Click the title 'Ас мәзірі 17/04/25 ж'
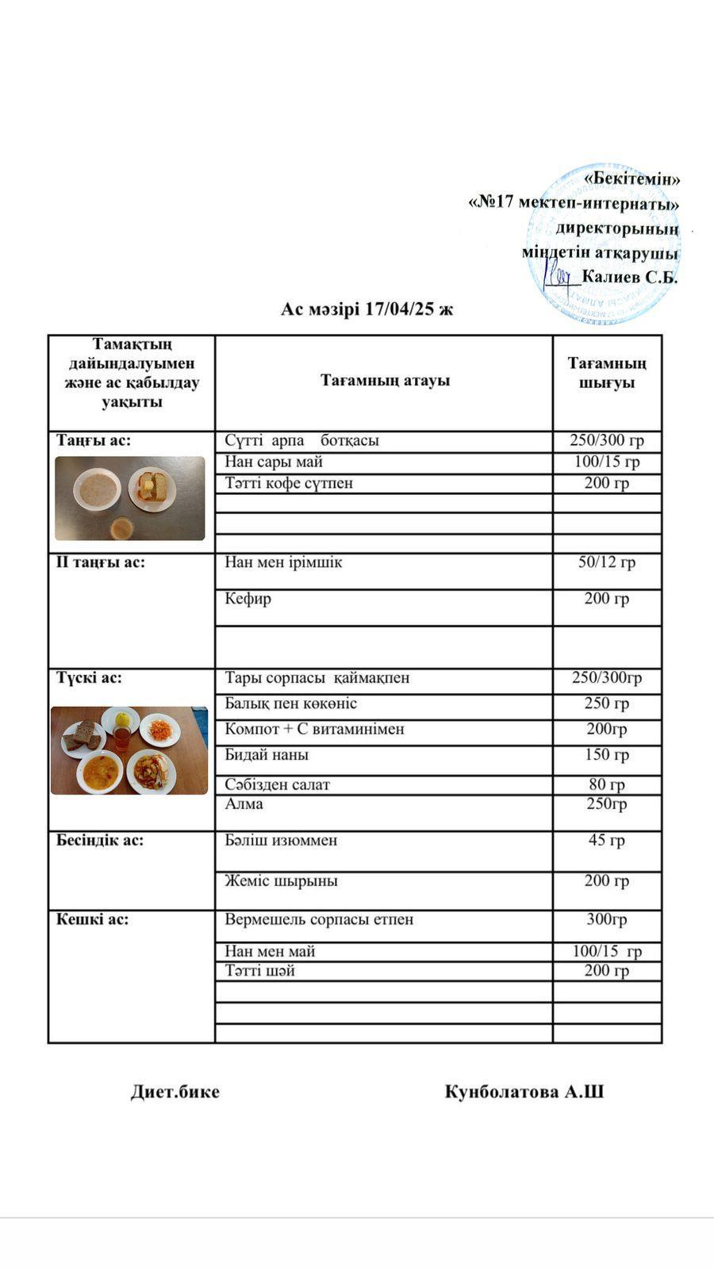click(x=367, y=309)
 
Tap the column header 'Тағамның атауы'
click(x=385, y=381)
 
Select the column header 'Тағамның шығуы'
click(x=607, y=373)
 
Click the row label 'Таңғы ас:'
click(x=94, y=440)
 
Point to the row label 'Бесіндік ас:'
click(x=100, y=840)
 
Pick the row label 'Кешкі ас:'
click(x=92, y=920)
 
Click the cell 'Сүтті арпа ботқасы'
click(x=301, y=440)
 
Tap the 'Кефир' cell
click(x=248, y=599)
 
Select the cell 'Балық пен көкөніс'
click(x=290, y=704)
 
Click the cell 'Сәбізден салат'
click(x=277, y=784)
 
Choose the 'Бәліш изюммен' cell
click(x=281, y=840)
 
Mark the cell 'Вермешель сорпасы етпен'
click(x=319, y=920)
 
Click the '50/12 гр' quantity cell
click(x=607, y=562)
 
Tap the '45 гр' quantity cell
click(x=607, y=840)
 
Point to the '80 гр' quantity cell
click(x=607, y=784)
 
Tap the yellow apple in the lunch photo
click(x=122, y=719)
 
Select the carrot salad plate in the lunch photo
click(x=161, y=729)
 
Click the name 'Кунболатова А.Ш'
click(x=524, y=1092)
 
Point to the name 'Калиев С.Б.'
click(x=630, y=278)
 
